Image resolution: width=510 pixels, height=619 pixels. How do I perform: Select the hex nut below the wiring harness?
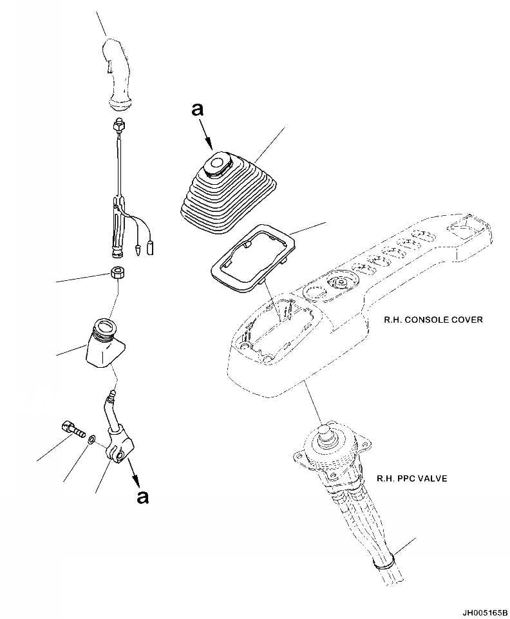click(x=118, y=273)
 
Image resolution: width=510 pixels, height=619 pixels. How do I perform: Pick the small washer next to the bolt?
click(x=92, y=439)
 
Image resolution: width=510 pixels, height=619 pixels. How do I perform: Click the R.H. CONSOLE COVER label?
click(x=433, y=319)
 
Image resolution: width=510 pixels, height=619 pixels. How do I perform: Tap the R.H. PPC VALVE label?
click(x=411, y=479)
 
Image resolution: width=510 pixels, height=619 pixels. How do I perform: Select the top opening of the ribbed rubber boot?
click(x=218, y=163)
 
